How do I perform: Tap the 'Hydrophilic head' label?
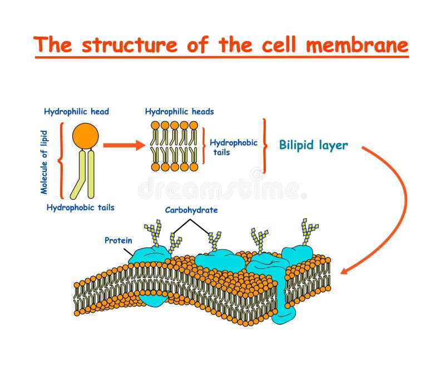[x=76, y=111]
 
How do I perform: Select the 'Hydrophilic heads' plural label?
[x=179, y=111]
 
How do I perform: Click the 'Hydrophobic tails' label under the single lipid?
[x=80, y=208]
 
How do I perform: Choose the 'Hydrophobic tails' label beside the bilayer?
[x=234, y=147]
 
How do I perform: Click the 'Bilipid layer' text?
[x=313, y=146]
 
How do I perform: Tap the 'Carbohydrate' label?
[x=191, y=210]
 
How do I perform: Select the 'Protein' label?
[x=118, y=240]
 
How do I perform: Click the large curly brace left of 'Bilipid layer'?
[x=265, y=146]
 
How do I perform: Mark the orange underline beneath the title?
[x=221, y=56]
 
